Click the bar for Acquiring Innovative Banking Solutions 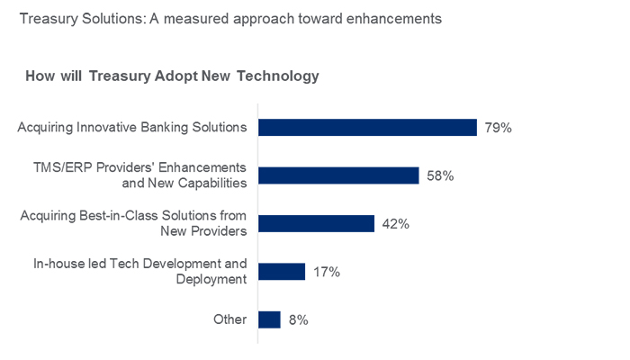[x=367, y=128]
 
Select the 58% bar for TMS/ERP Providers [x=338, y=175]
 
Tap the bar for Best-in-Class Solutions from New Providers [x=316, y=224]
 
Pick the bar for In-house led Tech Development [x=282, y=272]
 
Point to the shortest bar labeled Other [x=269, y=319]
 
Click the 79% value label [x=498, y=128]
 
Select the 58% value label [x=440, y=175]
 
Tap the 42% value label [x=395, y=224]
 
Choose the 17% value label [x=326, y=272]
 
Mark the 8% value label [x=299, y=319]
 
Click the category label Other [x=229, y=319]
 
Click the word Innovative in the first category [x=108, y=128]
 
